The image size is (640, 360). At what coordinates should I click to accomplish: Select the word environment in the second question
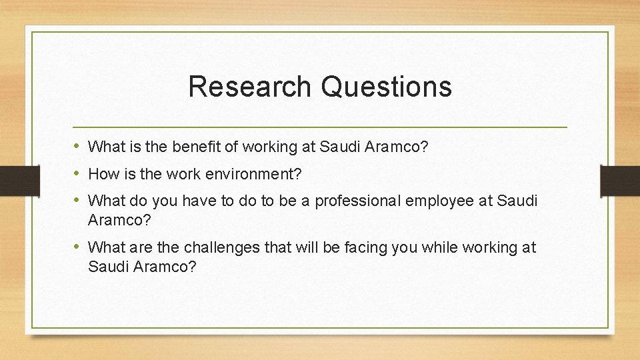253,175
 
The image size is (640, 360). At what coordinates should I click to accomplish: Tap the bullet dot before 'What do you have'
77,200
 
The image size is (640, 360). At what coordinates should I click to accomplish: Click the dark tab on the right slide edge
619,180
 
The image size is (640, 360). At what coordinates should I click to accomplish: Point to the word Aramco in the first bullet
399,146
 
